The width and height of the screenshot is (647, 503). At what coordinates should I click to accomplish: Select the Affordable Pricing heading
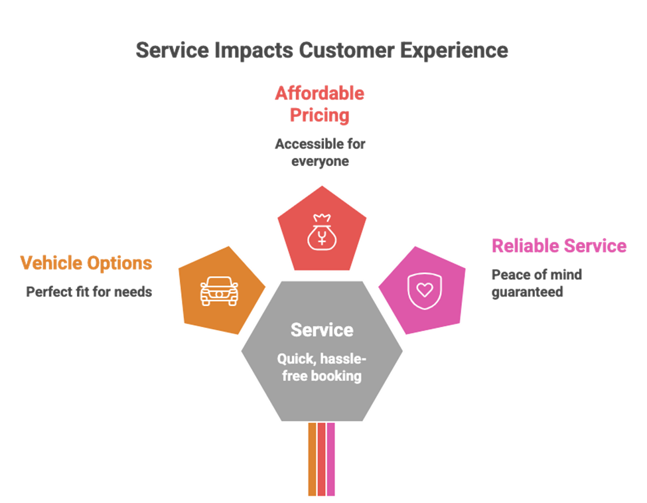[x=320, y=104]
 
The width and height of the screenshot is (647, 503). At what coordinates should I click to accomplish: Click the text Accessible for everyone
[x=321, y=152]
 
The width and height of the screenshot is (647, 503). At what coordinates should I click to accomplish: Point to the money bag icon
[x=322, y=232]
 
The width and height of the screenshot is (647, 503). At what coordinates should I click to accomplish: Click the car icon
[x=219, y=291]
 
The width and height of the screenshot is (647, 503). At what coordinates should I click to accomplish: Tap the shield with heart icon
[x=425, y=291]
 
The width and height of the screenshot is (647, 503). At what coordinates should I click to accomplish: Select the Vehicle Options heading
[x=86, y=263]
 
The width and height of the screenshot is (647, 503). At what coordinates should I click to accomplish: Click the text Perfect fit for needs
[x=89, y=292]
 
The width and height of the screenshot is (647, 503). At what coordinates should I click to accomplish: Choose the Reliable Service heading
[x=559, y=246]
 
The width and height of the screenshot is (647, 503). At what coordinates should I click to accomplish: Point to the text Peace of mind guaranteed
[x=537, y=283]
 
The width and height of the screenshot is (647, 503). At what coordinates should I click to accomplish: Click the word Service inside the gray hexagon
[x=322, y=330]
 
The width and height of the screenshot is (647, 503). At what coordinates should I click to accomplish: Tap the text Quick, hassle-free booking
[x=322, y=367]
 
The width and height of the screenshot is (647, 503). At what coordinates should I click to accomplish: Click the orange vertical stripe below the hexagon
[x=312, y=459]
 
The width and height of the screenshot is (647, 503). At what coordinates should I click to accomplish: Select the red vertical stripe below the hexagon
[x=321, y=459]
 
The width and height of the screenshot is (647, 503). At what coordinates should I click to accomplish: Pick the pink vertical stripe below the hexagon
[x=330, y=459]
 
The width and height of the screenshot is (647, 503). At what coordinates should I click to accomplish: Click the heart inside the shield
[x=425, y=290]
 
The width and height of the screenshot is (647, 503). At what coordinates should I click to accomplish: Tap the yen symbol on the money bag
[x=322, y=238]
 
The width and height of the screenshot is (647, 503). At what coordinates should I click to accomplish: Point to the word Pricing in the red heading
[x=320, y=115]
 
